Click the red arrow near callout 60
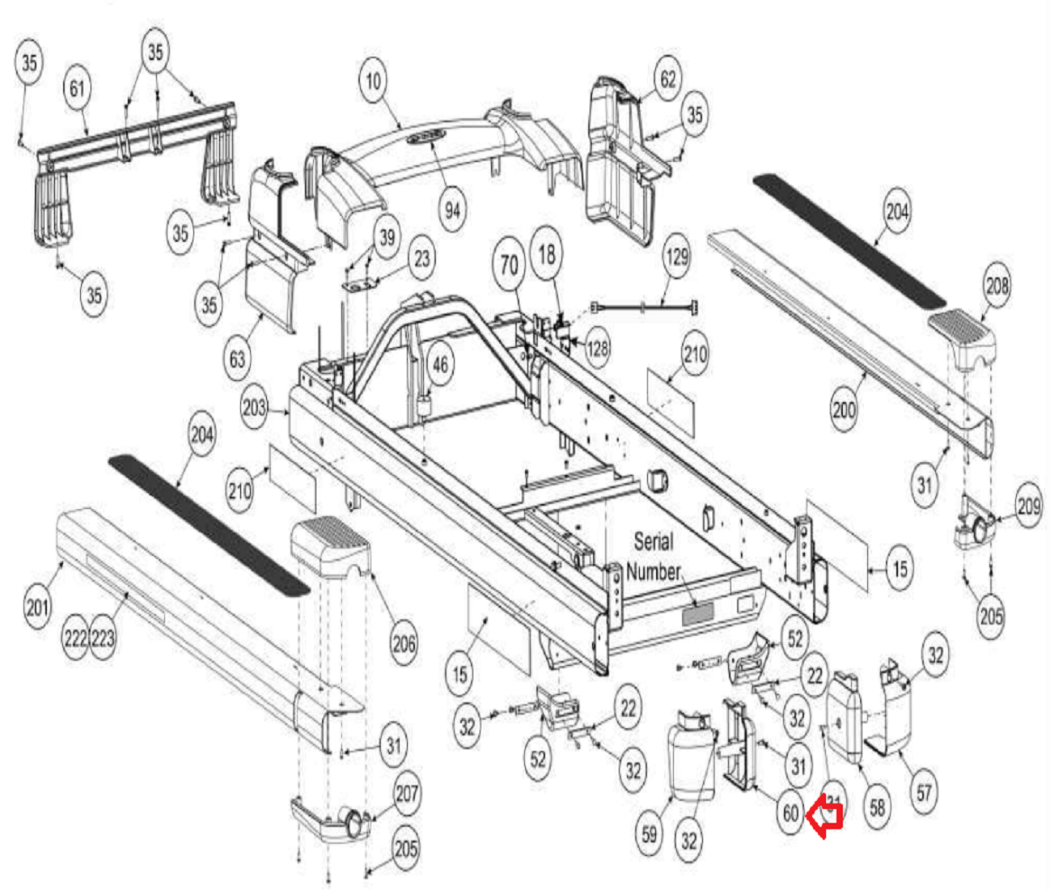pos(825,815)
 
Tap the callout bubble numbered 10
pos(372,81)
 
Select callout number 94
pos(453,210)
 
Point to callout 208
pos(997,285)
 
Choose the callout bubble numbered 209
pos(1028,507)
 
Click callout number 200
pos(844,409)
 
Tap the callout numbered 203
pos(254,408)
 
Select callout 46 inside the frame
pos(439,365)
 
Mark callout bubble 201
pos(37,606)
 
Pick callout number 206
pos(404,643)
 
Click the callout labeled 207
pos(406,792)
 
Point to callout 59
pos(650,833)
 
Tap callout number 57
pos(925,792)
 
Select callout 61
pos(77,87)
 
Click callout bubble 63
pos(237,358)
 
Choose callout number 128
pos(598,348)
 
